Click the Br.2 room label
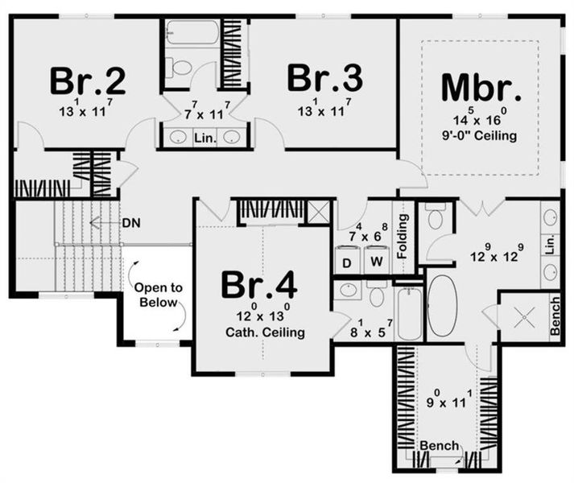[87, 80]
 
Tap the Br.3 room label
[324, 79]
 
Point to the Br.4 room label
[259, 286]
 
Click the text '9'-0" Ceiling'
[481, 136]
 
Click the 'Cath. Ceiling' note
[259, 332]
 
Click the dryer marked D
[347, 262]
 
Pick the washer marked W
[376, 262]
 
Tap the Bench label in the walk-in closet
[439, 445]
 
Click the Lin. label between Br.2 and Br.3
[204, 138]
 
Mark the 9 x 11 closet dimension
[441, 395]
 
